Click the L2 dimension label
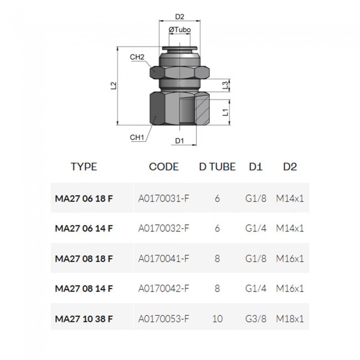(x=114, y=86)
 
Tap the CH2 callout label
(x=137, y=57)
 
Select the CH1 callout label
(x=137, y=137)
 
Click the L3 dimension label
(x=225, y=85)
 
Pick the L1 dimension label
(x=225, y=112)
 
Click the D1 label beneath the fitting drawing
(x=179, y=141)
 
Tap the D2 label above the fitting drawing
(x=179, y=17)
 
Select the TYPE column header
(x=84, y=167)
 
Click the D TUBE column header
(x=217, y=167)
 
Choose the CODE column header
(x=164, y=167)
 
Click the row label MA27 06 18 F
(x=84, y=198)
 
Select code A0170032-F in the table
(x=164, y=228)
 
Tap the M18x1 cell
(x=290, y=318)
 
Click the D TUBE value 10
(x=217, y=318)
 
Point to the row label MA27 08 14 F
(x=84, y=289)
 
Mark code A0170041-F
(x=164, y=258)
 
